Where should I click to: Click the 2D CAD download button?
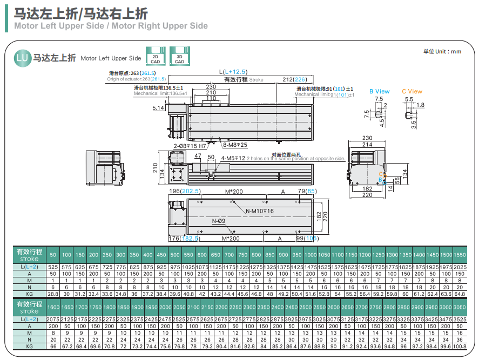(156, 58)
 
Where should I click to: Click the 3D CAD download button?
(179, 58)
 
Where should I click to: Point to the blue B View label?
(379, 91)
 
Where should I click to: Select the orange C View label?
(412, 91)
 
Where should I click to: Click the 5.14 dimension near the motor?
(158, 108)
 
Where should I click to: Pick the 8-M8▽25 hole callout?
(235, 145)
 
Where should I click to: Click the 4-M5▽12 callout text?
(233, 158)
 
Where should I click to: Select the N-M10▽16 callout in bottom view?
(259, 211)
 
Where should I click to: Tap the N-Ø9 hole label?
(219, 221)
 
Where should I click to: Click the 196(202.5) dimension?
(185, 191)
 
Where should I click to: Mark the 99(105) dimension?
(307, 238)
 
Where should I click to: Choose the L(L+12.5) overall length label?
(233, 72)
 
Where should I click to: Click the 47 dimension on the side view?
(198, 155)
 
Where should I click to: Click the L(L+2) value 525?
(53, 267)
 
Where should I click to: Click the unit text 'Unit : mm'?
(442, 51)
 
